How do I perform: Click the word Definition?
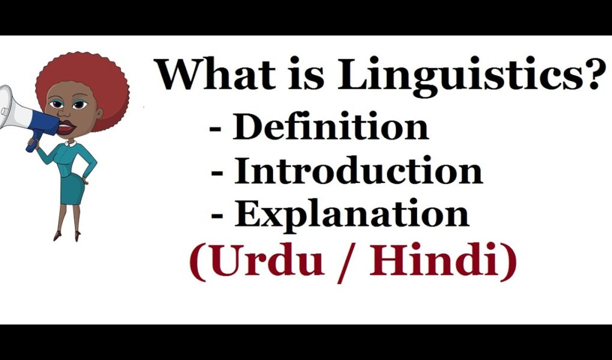331,126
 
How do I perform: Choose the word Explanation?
351,215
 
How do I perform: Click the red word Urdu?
268,260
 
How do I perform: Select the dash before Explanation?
218,216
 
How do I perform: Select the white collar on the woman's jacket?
71,143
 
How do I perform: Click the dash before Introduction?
218,173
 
